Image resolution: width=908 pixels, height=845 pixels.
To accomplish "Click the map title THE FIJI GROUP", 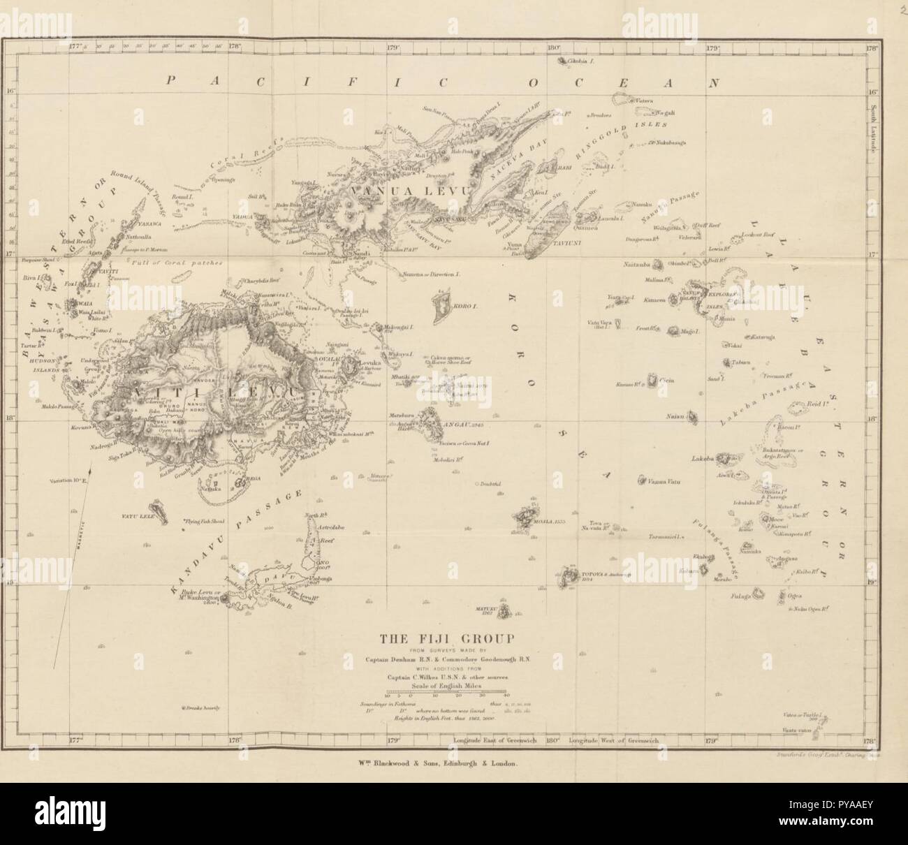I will click(446, 638).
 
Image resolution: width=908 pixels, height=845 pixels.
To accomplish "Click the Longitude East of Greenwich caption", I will click(495, 739).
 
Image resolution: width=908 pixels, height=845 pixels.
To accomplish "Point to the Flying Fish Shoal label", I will click(206, 522).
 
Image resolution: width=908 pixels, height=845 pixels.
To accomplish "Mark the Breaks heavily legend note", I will click(201, 708).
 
